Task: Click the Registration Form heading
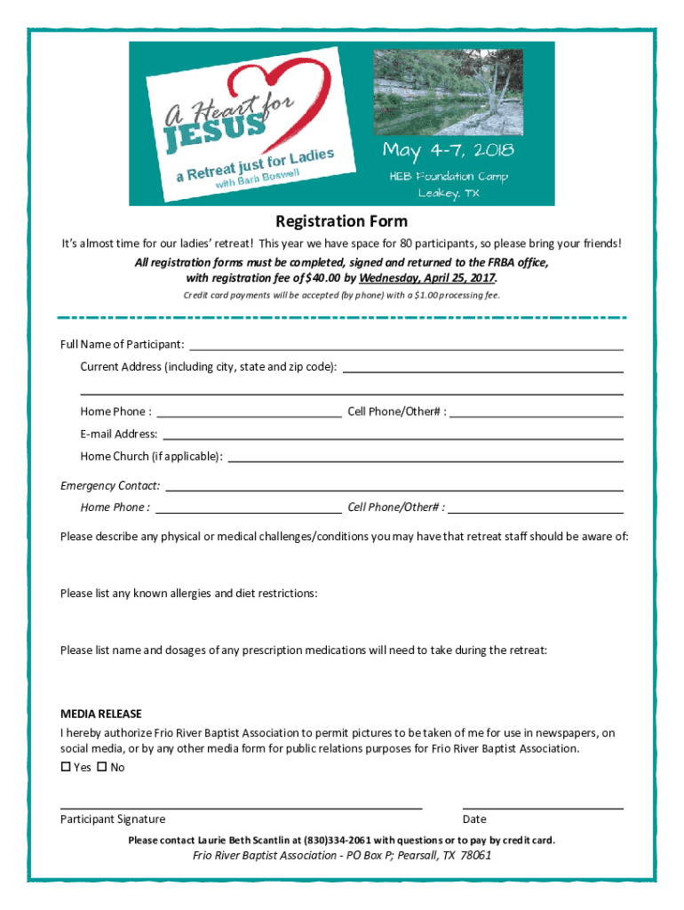(341, 221)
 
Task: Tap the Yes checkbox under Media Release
(66, 767)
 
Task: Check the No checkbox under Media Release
(101, 767)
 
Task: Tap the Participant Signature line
(240, 809)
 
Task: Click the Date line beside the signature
(542, 809)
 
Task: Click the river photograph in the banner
(448, 91)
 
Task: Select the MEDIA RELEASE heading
(100, 714)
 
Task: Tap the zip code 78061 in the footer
(474, 856)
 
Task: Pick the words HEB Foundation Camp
(449, 176)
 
